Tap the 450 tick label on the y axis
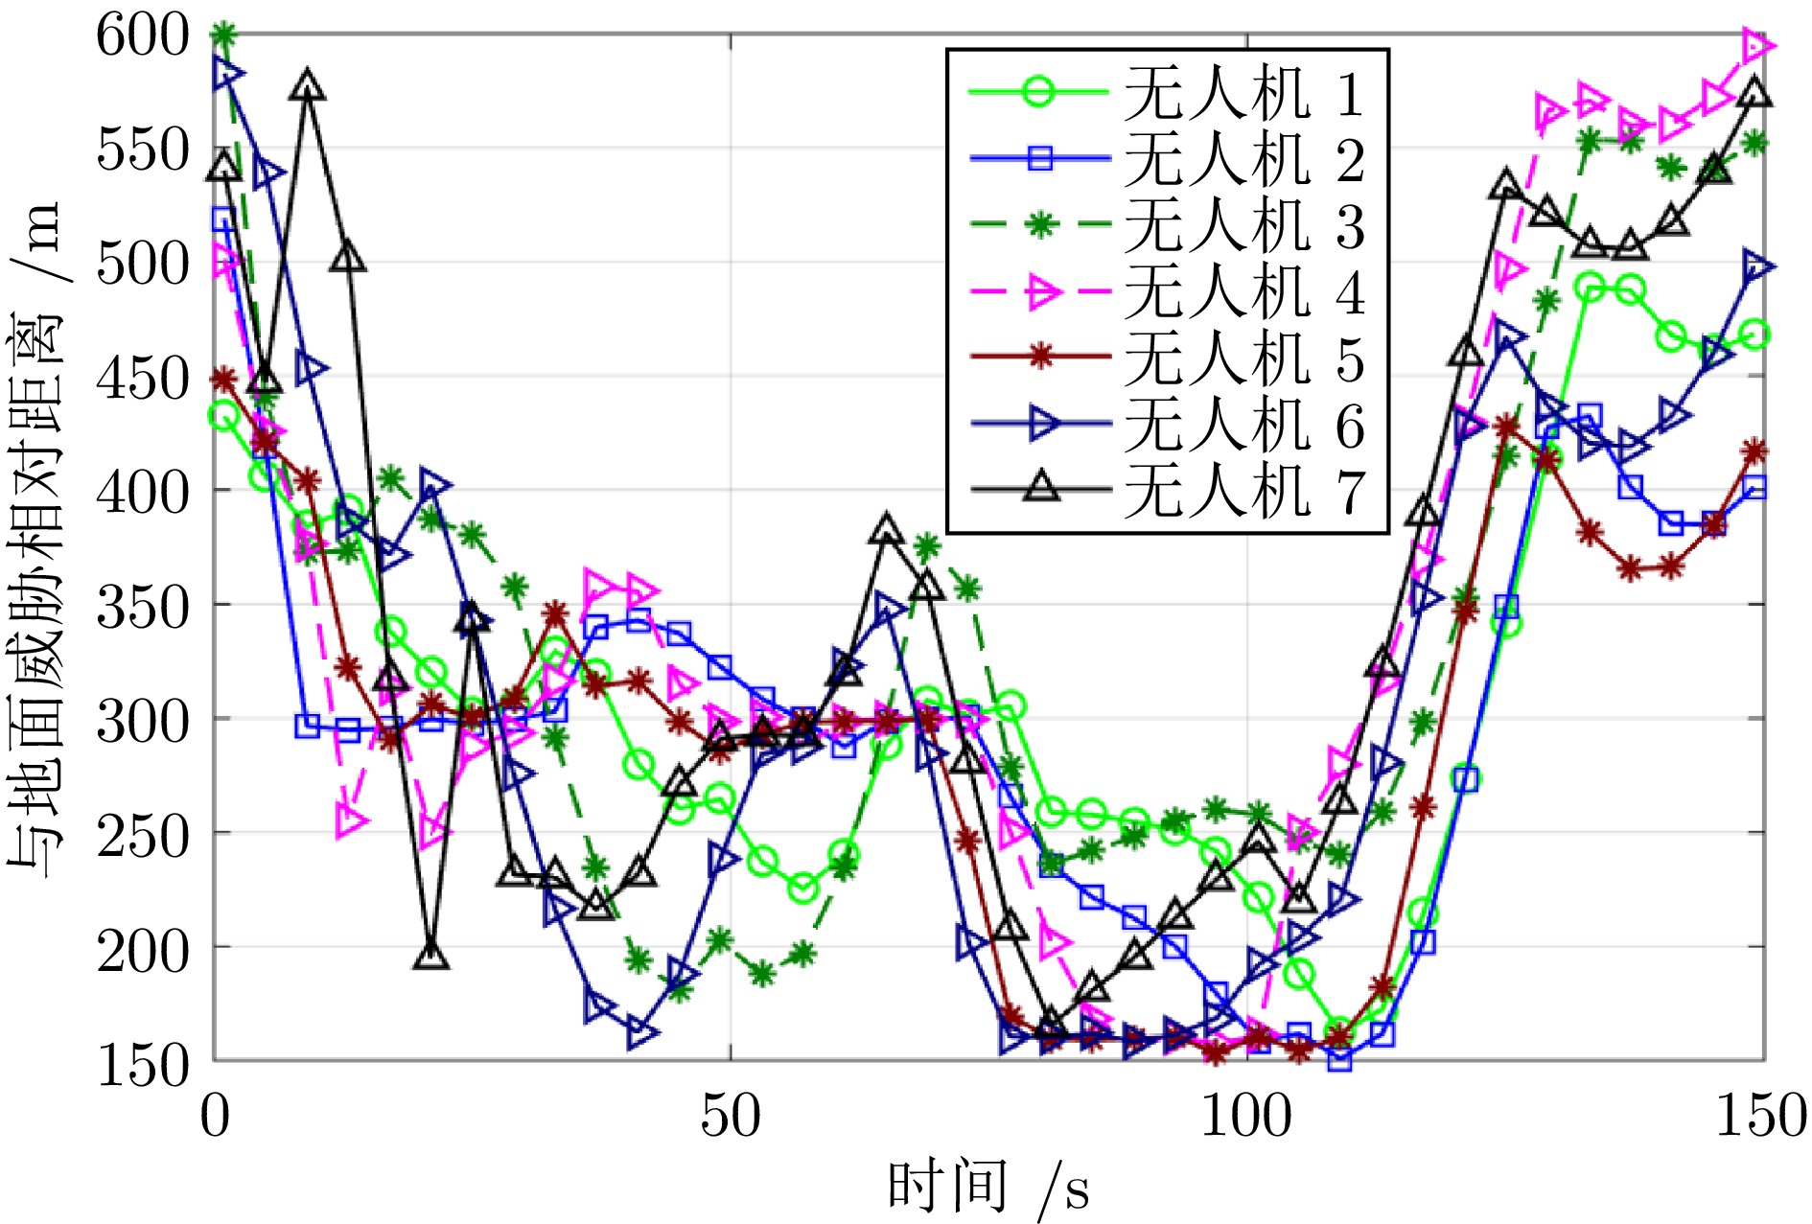[x=144, y=379]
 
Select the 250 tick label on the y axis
[x=144, y=835]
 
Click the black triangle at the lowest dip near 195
[x=431, y=956]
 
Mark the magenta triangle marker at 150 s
[x=1757, y=45]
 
